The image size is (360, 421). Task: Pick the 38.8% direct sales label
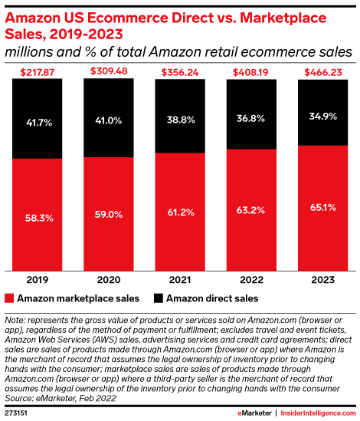point(180,119)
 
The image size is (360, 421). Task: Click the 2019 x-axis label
point(38,281)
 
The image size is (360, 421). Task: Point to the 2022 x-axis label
point(250,281)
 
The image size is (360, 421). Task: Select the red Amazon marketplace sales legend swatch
point(10,298)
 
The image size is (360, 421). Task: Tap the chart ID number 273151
point(16,413)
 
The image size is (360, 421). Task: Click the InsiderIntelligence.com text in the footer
point(319,413)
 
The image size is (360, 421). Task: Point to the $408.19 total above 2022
point(250,71)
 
